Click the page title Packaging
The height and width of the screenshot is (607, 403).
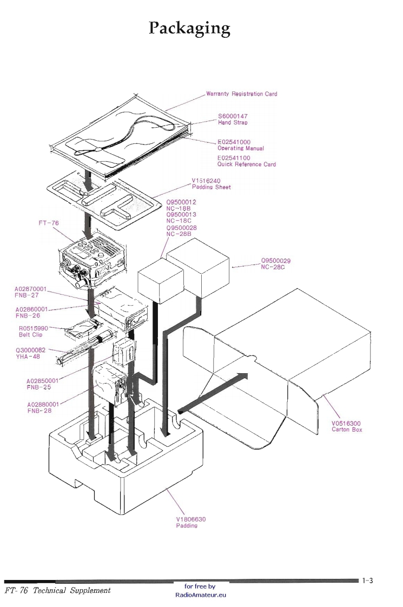click(189, 28)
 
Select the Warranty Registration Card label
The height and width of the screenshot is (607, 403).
click(241, 94)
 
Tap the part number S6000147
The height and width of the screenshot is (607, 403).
click(233, 116)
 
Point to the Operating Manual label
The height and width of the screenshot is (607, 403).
click(241, 148)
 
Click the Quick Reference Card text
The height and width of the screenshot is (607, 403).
click(247, 164)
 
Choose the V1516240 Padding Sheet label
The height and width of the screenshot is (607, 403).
click(211, 184)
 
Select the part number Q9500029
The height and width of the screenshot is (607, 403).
click(276, 261)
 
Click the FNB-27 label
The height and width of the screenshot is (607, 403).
click(27, 295)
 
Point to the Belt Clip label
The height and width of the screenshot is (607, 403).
click(30, 335)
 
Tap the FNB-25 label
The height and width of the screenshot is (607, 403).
click(39, 387)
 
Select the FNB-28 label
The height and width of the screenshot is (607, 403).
click(39, 411)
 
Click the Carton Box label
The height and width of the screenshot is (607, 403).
click(347, 430)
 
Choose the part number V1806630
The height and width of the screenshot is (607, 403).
click(191, 519)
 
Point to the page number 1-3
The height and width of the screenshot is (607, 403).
click(368, 580)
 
